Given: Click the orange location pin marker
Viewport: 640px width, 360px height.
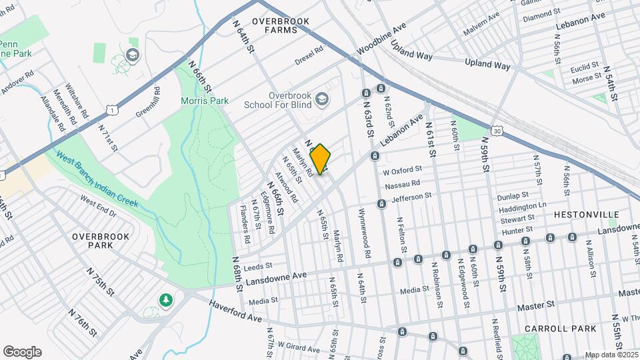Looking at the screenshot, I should click(x=321, y=159).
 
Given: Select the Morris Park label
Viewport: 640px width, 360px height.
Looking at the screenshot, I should click(x=205, y=101).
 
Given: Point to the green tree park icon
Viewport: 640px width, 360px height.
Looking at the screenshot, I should click(x=165, y=301).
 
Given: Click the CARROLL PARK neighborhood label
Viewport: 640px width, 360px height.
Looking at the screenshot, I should click(x=555, y=329).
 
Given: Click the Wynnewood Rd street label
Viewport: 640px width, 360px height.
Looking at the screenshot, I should click(x=365, y=237).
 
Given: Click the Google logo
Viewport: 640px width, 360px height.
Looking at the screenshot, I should click(x=22, y=352).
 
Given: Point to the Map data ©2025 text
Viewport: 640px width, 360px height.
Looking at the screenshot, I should click(x=610, y=355).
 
